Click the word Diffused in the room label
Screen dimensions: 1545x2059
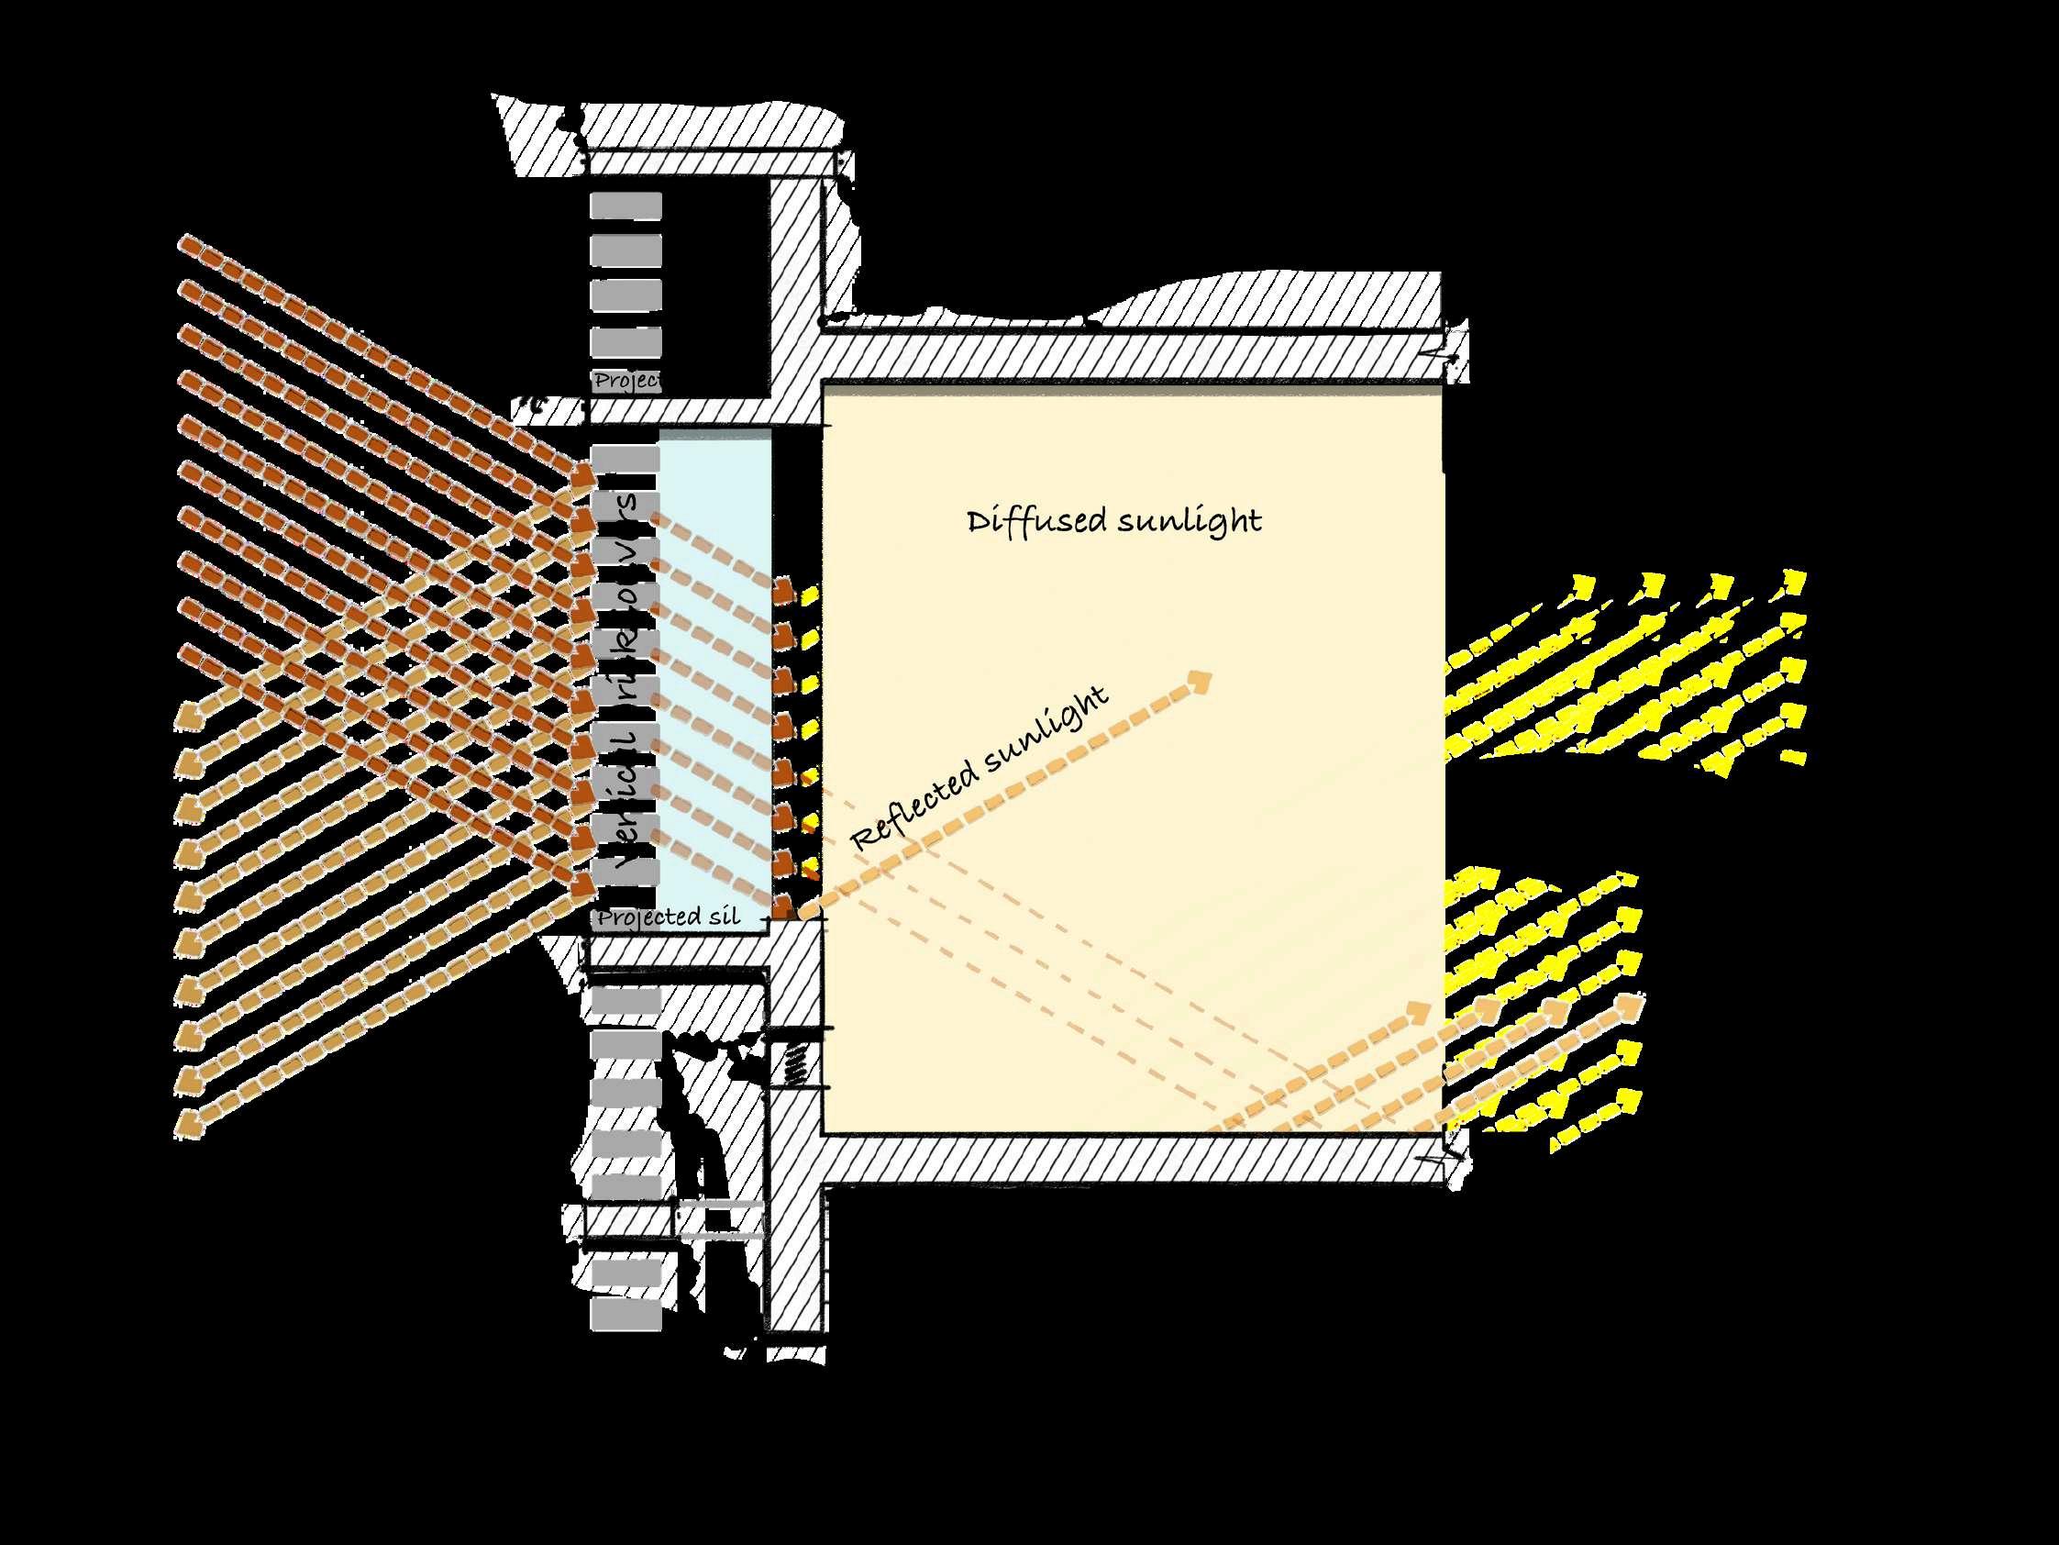1035,520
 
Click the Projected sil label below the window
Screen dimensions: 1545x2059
669,917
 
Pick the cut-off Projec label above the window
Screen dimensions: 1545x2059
626,381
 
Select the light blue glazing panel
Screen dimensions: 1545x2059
714,671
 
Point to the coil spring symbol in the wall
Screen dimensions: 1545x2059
794,1062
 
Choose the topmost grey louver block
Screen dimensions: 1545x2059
626,205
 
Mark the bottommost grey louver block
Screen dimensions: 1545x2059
626,1314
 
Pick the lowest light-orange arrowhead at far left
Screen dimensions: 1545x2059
186,1123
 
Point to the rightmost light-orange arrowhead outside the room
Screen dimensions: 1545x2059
1629,1006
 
